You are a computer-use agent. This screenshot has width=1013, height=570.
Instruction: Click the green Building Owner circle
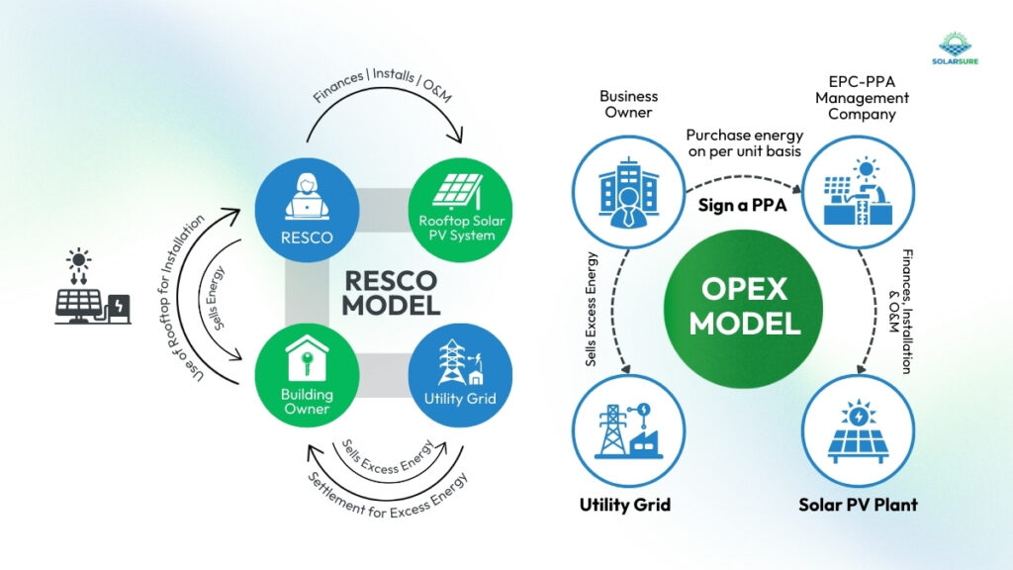click(x=306, y=375)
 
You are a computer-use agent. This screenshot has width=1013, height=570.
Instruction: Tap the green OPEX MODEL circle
click(x=744, y=306)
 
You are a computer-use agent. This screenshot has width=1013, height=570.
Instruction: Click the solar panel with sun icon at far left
click(x=91, y=287)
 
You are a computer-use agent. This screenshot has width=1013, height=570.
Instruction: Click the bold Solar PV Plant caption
click(x=858, y=505)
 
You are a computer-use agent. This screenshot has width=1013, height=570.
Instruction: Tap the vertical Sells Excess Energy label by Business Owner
click(x=591, y=307)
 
